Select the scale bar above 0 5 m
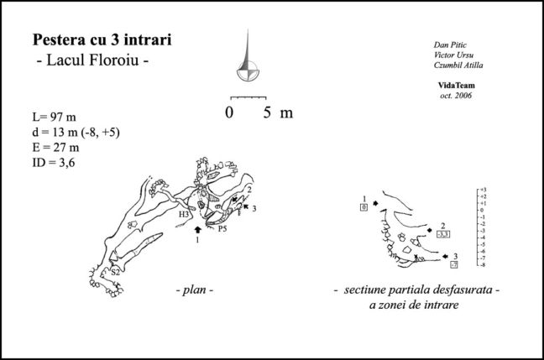tap(248, 97)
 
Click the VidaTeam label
tap(457, 86)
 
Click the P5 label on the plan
tap(222, 227)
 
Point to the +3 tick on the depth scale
tap(484, 189)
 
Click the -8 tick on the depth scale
tap(484, 265)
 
